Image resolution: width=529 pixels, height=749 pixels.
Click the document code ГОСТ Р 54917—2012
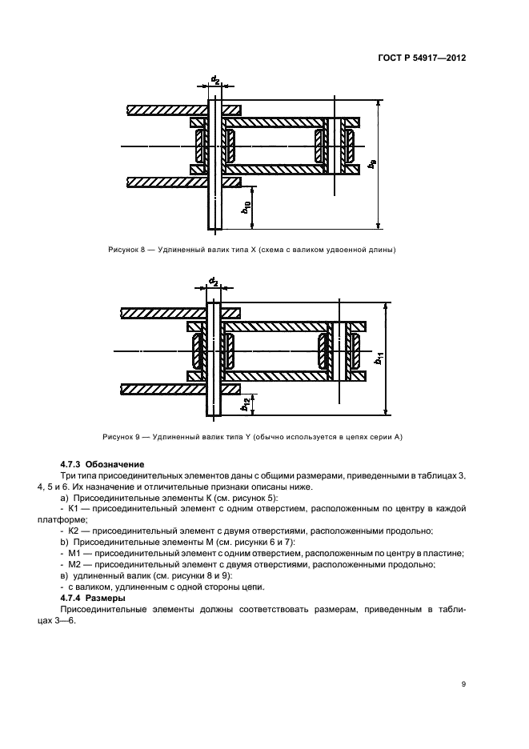tap(423, 58)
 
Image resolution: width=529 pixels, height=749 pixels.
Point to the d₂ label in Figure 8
tap(214, 79)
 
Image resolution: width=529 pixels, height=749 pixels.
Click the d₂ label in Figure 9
tap(213, 282)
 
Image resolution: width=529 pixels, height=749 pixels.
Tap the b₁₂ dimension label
tap(245, 405)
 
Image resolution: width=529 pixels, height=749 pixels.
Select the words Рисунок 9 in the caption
tap(123, 437)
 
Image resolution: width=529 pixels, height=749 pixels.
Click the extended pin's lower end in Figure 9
tap(213, 412)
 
